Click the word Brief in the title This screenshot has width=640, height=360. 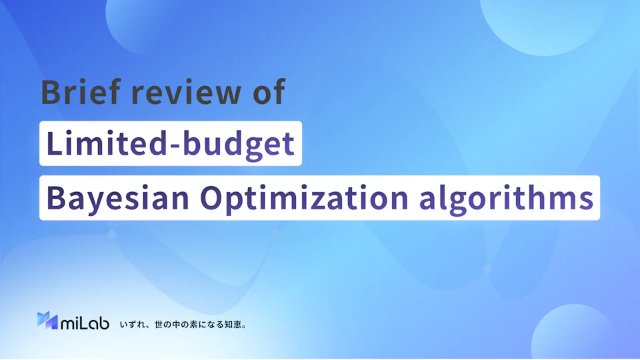click(81, 92)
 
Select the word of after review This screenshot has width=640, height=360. click(269, 92)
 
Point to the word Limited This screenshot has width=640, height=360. click(106, 143)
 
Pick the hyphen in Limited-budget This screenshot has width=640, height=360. click(174, 147)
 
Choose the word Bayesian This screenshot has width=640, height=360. click(118, 198)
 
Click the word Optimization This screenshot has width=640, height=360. click(304, 198)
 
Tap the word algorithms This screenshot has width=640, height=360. click(506, 198)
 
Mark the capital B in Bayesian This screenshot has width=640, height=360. click(56, 198)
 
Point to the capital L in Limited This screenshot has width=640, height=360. click(55, 143)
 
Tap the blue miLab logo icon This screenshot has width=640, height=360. click(47, 321)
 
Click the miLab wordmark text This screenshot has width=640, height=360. click(85, 323)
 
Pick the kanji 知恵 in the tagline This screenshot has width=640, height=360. click(233, 325)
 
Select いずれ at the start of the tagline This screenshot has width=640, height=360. click(132, 325)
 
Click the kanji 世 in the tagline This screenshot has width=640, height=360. click(159, 325)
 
